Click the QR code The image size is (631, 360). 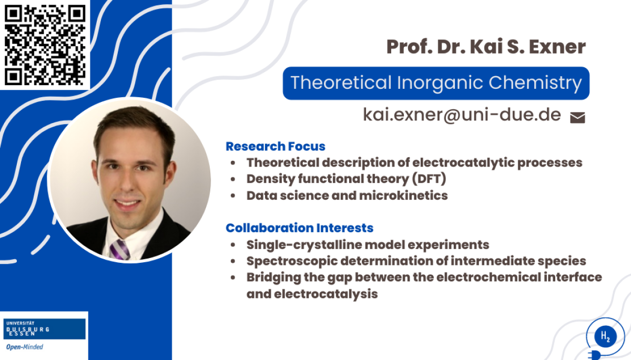coord(45,45)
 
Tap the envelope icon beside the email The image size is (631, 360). coord(577,117)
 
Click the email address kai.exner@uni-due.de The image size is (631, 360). coord(462,115)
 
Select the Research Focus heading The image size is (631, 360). coord(276,146)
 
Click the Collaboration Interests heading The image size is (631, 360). coord(299,228)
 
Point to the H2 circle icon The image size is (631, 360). coord(605,336)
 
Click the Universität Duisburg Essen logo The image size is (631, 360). coord(44,329)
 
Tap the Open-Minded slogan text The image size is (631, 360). coord(25,347)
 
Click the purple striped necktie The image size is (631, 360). coord(119,250)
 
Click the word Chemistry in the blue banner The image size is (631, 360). coord(535,83)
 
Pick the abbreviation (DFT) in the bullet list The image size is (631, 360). coord(429,179)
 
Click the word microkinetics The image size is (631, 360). coord(403,196)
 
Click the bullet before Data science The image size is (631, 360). coord(232,196)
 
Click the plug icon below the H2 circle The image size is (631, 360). coord(594,355)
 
